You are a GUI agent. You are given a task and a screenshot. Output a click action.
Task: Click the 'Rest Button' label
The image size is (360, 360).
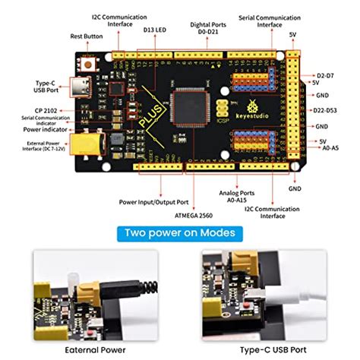tap(87, 35)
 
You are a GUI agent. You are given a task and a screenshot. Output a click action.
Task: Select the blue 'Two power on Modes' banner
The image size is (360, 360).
tap(179, 232)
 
